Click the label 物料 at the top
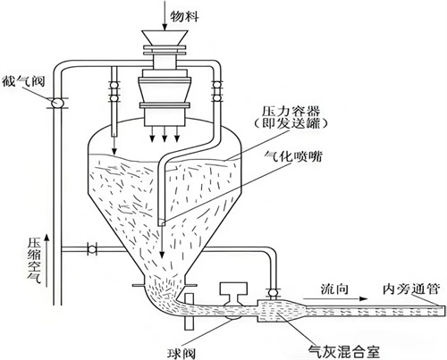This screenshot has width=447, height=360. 184,16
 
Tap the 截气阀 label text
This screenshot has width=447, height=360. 23,81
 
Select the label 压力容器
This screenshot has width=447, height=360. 291,112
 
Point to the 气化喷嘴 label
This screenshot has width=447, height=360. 293,156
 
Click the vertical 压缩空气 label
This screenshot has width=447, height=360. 35,260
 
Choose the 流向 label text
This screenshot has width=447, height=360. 334,289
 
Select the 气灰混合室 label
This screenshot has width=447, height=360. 344,352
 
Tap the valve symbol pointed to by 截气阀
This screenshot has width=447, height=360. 56,103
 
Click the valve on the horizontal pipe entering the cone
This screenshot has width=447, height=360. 92,249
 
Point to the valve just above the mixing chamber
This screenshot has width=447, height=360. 273,293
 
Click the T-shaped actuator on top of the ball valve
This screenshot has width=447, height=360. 233,292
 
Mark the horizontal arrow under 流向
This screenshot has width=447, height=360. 335,298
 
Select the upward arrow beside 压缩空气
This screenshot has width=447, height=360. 46,260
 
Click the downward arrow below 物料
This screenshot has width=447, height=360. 164,15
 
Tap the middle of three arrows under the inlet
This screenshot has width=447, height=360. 164,134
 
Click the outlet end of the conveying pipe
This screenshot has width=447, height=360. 445,311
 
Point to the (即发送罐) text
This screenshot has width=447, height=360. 291,123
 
